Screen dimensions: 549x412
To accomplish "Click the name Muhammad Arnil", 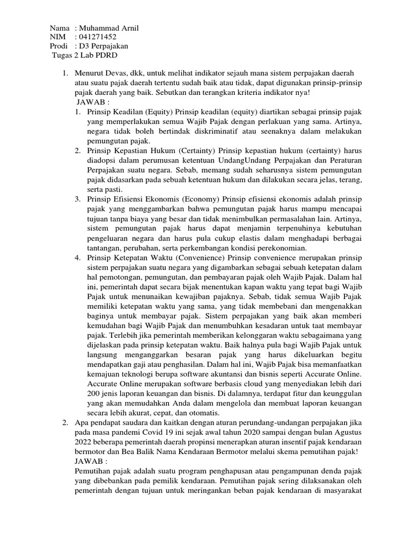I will (109, 28).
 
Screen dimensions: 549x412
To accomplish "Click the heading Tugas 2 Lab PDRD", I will (85, 55).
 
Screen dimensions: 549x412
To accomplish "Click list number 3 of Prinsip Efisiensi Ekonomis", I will (78, 199).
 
